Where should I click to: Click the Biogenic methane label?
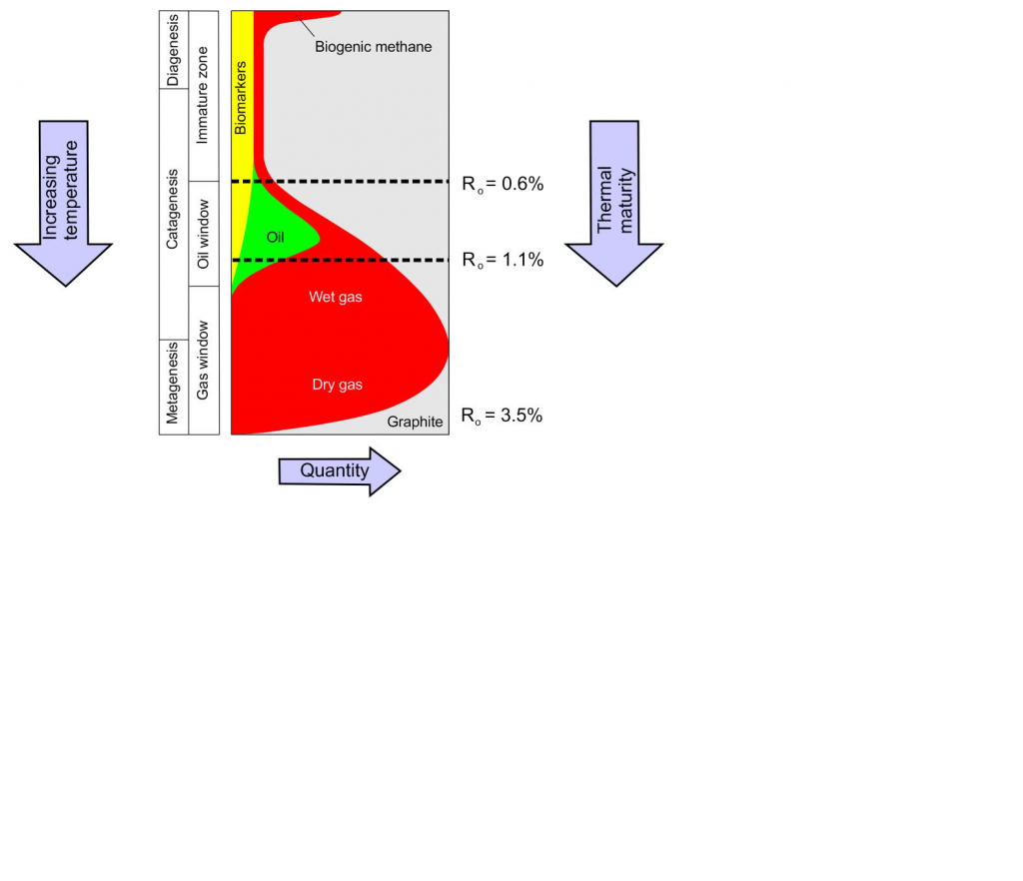[x=374, y=47]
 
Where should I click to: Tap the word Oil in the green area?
[x=276, y=238]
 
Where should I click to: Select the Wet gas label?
[x=336, y=298]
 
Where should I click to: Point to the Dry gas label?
[x=338, y=385]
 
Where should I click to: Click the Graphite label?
[x=415, y=422]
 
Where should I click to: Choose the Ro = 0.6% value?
[x=503, y=184]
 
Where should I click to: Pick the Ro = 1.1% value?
[x=503, y=260]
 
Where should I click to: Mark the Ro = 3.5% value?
[x=502, y=416]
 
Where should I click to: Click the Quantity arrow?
[x=340, y=471]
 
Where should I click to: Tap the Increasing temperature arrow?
[x=63, y=203]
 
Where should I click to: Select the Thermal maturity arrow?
[x=614, y=203]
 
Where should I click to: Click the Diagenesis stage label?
[x=173, y=50]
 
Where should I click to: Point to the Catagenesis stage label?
[x=172, y=210]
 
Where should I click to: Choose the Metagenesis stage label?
[x=172, y=384]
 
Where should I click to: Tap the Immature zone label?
[x=203, y=95]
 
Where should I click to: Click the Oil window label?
[x=204, y=234]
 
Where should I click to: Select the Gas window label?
[x=203, y=360]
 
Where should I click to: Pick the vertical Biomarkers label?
[x=241, y=98]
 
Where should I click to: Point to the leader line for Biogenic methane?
[x=306, y=25]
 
